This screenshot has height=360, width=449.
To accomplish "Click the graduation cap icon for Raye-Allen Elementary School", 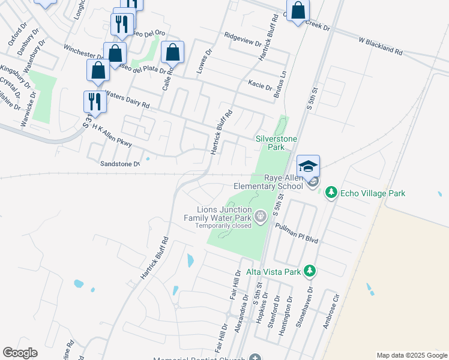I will (308, 166).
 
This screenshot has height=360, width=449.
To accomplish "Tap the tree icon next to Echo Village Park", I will (330, 193).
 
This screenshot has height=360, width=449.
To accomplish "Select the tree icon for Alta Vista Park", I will (309, 272).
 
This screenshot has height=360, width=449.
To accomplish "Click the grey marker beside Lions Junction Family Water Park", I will (260, 215).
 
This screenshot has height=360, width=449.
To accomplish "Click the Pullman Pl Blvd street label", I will (296, 232).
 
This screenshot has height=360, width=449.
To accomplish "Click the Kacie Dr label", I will (260, 85).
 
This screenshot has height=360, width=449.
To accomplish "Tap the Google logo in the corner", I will (20, 353).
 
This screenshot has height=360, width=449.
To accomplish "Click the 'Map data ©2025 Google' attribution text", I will (411, 355).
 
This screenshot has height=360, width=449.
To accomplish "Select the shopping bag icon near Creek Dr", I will (298, 11).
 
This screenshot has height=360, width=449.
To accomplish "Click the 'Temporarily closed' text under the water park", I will (223, 226).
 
